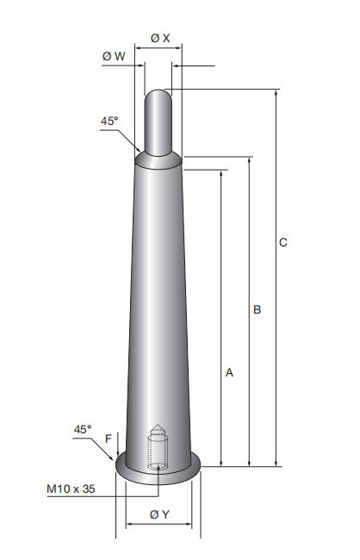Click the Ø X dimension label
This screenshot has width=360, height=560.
pyautogui.click(x=160, y=38)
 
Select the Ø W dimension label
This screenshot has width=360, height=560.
pyautogui.click(x=114, y=56)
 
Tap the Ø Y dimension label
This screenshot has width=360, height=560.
pyautogui.click(x=159, y=514)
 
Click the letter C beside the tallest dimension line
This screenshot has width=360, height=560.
pyautogui.click(x=282, y=242)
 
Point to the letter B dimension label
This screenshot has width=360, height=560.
pyautogui.click(x=258, y=309)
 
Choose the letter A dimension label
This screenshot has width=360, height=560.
pyautogui.click(x=229, y=372)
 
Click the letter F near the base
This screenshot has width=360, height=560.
pyautogui.click(x=109, y=439)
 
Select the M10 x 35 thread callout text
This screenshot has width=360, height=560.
pyautogui.click(x=71, y=488)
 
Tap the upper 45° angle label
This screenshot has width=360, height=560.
pyautogui.click(x=109, y=121)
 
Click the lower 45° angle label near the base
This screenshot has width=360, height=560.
pyautogui.click(x=83, y=429)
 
